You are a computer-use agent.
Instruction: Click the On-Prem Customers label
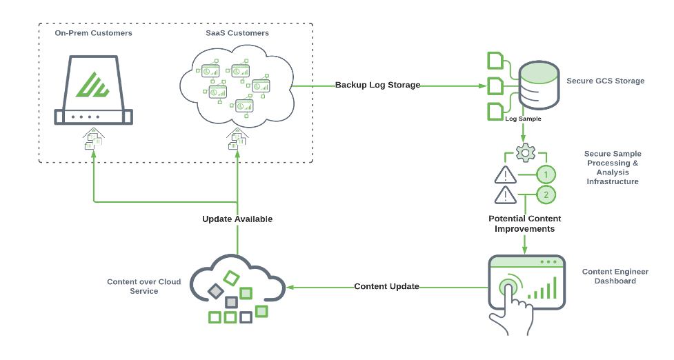[x=93, y=33]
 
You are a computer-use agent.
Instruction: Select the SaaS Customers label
[x=237, y=33]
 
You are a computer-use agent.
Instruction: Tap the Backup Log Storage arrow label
[x=377, y=86]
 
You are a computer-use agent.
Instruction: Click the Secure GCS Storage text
[x=605, y=81]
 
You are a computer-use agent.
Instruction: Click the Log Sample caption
[x=523, y=119]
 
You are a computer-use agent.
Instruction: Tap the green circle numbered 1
[x=546, y=174]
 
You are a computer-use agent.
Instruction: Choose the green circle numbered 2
[x=546, y=195]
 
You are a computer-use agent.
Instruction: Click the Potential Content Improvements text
[x=524, y=223]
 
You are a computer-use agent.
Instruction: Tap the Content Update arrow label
[x=386, y=286]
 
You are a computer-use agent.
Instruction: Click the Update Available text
[x=237, y=219]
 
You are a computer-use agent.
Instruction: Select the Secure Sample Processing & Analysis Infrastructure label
[x=612, y=168]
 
